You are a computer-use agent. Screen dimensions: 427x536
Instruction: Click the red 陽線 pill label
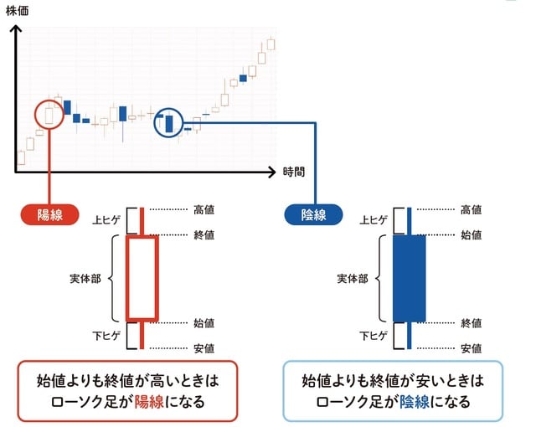49,214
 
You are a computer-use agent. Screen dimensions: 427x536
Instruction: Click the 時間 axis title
293,172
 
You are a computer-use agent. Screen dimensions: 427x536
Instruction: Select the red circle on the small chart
49,114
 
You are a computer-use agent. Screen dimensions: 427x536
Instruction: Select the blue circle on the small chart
168,123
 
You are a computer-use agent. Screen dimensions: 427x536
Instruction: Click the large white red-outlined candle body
142,278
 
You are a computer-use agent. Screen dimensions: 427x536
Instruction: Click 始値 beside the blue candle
471,235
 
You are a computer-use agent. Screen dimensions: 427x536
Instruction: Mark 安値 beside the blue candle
471,347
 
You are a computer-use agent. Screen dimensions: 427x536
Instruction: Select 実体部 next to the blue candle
352,278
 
